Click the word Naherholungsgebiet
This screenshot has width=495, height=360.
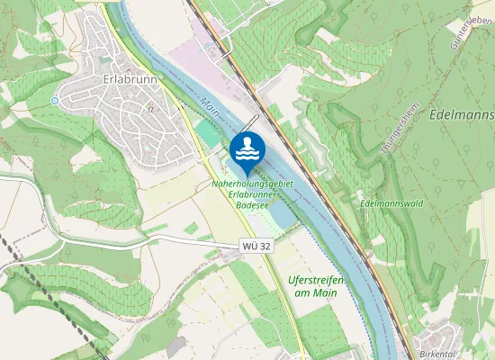point(253,184)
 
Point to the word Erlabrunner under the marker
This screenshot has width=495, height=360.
point(254,193)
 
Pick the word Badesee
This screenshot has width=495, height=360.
point(253,204)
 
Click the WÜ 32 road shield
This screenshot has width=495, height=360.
point(256,246)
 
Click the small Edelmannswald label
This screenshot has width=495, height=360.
point(390,203)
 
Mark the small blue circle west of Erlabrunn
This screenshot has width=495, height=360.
point(55,100)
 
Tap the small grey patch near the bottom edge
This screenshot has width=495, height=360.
point(175,347)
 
